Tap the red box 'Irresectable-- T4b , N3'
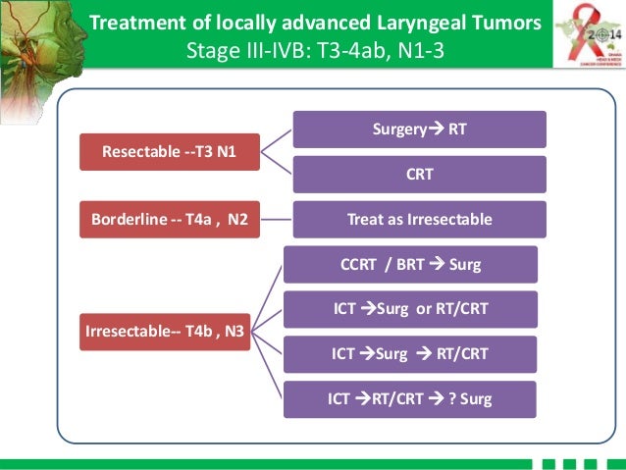click(x=166, y=331)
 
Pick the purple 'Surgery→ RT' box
click(x=420, y=130)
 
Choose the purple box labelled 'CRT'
click(x=420, y=174)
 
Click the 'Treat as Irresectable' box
click(x=420, y=219)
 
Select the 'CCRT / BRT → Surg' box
click(x=409, y=265)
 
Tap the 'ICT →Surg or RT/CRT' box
click(x=409, y=309)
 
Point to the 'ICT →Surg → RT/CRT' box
click(x=409, y=353)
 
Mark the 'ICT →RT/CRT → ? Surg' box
click(x=409, y=398)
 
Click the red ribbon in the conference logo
click(x=574, y=25)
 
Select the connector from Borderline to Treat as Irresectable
click(x=277, y=219)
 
